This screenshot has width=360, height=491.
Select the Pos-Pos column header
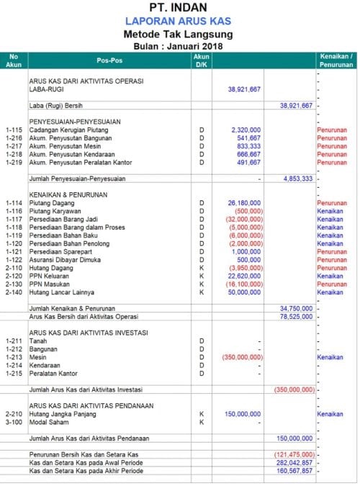pos(108,60)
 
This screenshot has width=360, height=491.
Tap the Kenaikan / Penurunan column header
pos(336,60)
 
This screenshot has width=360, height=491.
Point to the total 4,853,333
pos(297,178)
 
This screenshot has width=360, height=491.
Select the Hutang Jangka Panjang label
pos(66,414)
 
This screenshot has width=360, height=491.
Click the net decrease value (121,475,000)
pos(294,455)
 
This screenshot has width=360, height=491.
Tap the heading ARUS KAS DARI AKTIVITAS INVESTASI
pos(89,333)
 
